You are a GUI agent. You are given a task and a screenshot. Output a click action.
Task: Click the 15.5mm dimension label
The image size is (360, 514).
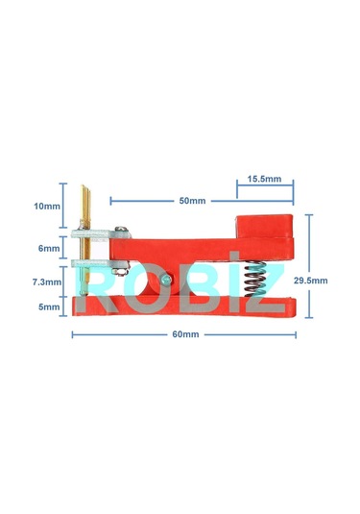coord(264,179)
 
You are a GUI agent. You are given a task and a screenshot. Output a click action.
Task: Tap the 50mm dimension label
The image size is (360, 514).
coord(192,201)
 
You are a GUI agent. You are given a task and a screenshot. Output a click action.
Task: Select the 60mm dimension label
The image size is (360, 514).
coord(185,334)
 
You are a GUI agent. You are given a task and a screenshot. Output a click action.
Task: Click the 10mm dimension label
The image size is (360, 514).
coord(44,206)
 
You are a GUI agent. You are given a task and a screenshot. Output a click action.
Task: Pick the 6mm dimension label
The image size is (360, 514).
coord(48,247)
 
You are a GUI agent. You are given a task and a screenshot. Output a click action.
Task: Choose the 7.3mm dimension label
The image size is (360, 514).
coord(45,283)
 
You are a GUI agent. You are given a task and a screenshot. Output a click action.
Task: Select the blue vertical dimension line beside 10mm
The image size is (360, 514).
coord(64,206)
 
